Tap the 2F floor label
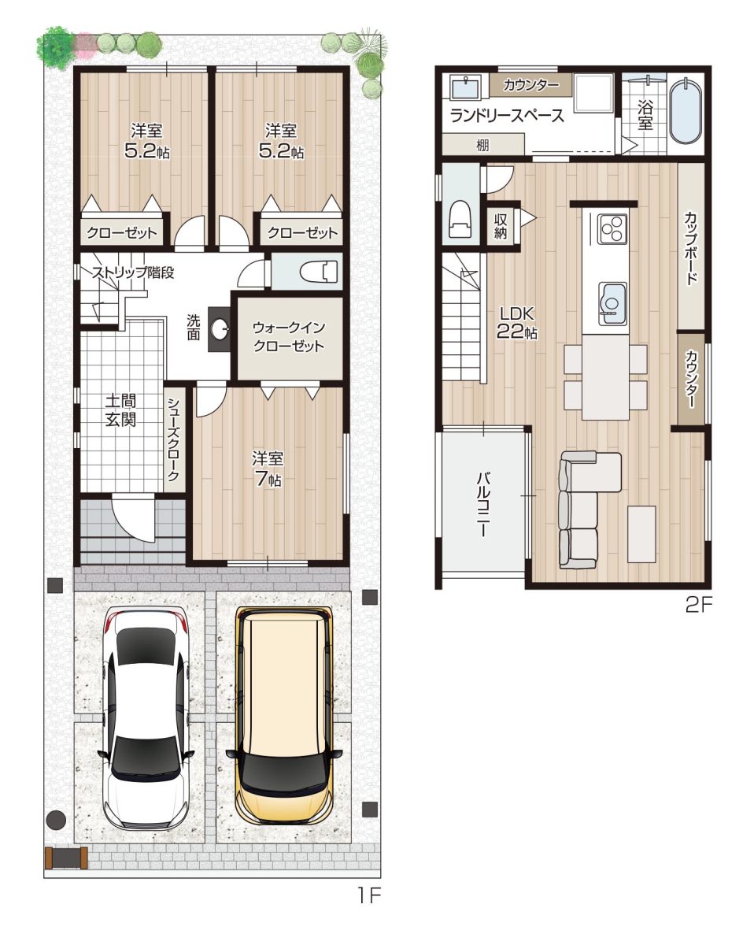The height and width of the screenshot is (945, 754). coord(698,605)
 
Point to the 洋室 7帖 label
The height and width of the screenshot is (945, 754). coord(268,469)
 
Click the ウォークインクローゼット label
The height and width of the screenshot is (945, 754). coord(288,337)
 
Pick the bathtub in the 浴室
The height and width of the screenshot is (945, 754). coord(686,111)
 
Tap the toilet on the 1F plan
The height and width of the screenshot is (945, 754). coord(319,272)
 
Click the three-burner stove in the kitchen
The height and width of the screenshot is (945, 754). coord(612,228)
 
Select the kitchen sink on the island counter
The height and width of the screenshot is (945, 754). coord(612,304)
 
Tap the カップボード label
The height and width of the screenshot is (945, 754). coord(690,249)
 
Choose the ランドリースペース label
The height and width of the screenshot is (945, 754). coord(507,116)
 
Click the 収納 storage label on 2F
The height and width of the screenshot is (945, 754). coord(501,226)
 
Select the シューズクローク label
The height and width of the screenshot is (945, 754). coord(173,439)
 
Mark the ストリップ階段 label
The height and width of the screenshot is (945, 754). coord(132,272)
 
